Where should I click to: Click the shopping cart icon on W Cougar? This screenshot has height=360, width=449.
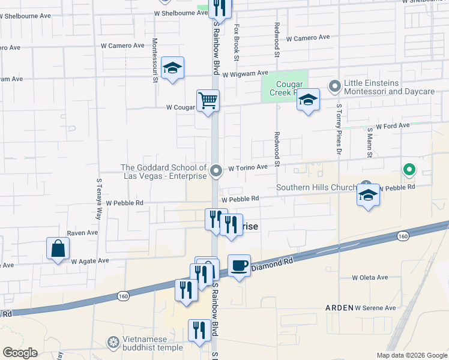click(x=208, y=100)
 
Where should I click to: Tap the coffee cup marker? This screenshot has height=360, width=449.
click(x=239, y=265)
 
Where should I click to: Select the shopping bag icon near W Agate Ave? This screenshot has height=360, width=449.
click(x=58, y=248)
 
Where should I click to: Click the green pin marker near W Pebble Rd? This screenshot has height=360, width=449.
click(x=409, y=170)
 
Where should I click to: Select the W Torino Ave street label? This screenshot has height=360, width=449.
click(x=247, y=169)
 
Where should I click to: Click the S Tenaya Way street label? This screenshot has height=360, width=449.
click(x=99, y=200)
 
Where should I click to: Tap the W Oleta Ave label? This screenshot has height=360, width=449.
click(x=370, y=278)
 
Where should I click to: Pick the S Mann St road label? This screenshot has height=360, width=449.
click(x=369, y=144)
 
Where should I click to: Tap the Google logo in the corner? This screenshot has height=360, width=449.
click(x=20, y=353)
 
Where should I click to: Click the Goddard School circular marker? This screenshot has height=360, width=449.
click(x=216, y=172)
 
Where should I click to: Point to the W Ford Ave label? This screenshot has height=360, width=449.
click(x=392, y=126)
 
